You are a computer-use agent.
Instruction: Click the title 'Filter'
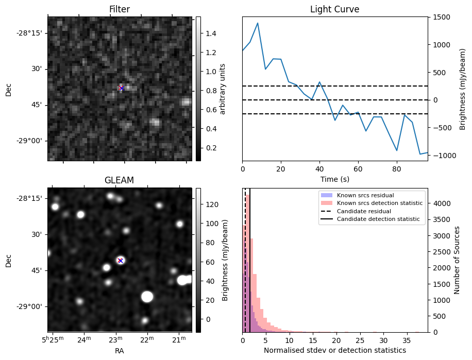click(x=120, y=9)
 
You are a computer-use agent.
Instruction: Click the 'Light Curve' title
click(x=334, y=9)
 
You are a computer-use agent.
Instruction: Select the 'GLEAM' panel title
click(x=120, y=180)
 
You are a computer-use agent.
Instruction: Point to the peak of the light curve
click(x=258, y=23)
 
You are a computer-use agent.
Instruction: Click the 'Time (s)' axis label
click(x=334, y=179)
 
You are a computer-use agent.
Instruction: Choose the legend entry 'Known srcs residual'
click(x=365, y=195)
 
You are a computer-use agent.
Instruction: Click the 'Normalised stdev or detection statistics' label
click(x=334, y=350)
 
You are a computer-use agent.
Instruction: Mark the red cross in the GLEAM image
click(x=120, y=260)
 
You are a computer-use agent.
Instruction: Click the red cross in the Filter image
click(x=122, y=88)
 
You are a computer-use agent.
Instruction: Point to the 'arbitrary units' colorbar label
click(x=223, y=89)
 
